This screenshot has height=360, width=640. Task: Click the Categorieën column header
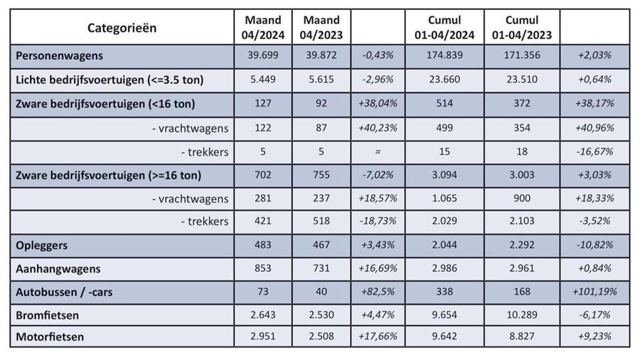tap(122, 28)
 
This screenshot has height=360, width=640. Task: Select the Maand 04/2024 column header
tap(262, 27)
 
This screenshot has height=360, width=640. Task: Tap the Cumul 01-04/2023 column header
tap(522, 27)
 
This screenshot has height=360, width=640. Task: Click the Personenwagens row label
tap(60, 55)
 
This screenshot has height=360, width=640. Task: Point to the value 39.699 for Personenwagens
tap(262, 55)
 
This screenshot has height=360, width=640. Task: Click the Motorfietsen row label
tap(49, 337)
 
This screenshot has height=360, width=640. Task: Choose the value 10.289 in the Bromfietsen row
tap(522, 314)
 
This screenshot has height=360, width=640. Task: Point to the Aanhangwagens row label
tap(58, 268)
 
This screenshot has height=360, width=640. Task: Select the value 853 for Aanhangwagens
tap(262, 268)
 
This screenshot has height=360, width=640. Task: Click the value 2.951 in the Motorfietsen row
tap(262, 337)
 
